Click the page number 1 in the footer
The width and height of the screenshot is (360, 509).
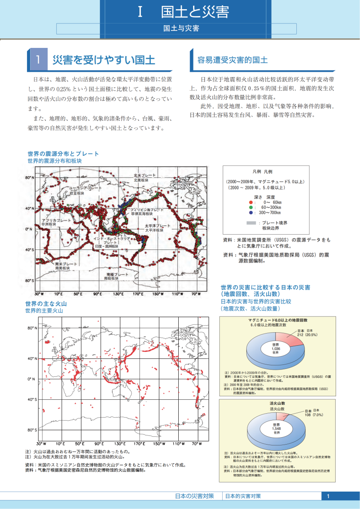pyautogui.click(x=328, y=496)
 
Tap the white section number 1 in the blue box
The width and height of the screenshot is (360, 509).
pyautogui.click(x=39, y=60)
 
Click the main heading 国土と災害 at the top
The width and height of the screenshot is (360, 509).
pyautogui.click(x=194, y=12)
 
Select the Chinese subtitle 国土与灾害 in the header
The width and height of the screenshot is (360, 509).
pyautogui.click(x=181, y=29)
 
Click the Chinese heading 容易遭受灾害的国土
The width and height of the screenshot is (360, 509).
pyautogui.click(x=232, y=60)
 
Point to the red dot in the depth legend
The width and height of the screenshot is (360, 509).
pyautogui.click(x=250, y=202)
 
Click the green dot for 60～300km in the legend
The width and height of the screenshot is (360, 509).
pyautogui.click(x=250, y=208)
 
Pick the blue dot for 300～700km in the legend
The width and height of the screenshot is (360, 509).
pyautogui.click(x=250, y=213)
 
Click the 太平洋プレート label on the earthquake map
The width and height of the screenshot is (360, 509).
pyautogui.click(x=157, y=226)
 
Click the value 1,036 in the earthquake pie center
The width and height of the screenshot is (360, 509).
pyautogui.click(x=275, y=349)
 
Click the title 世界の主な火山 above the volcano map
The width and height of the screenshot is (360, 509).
pyautogui.click(x=46, y=303)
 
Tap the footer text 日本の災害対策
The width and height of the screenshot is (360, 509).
pyautogui.click(x=194, y=496)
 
